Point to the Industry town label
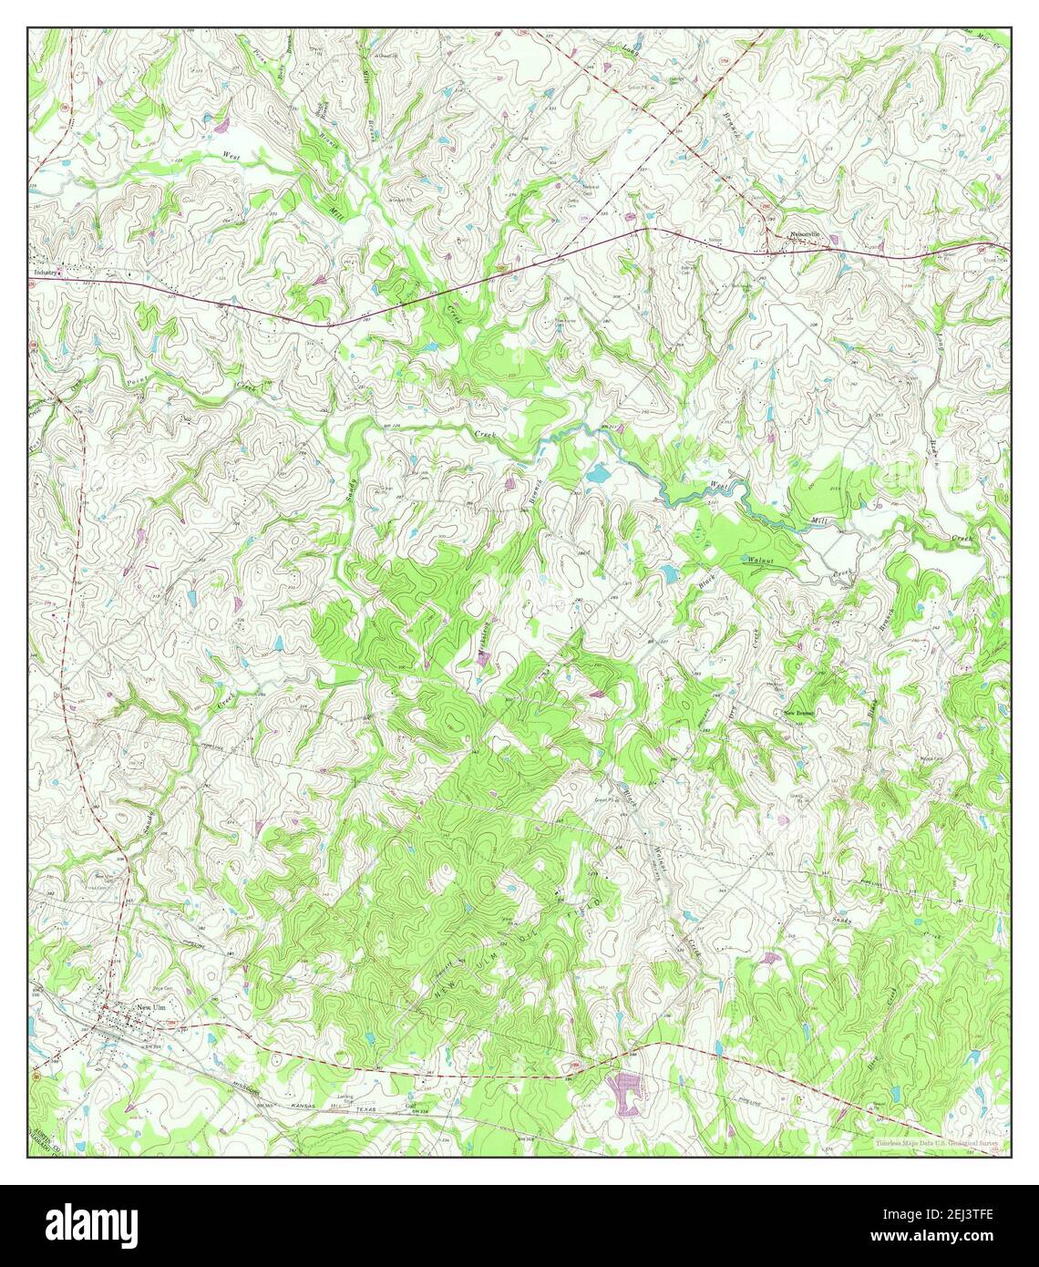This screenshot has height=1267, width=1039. pos(47,272)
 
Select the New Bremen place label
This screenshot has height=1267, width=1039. pos(799,712)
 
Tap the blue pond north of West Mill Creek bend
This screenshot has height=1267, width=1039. pos(599,474)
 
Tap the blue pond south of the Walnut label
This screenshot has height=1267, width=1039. pos(670,573)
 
